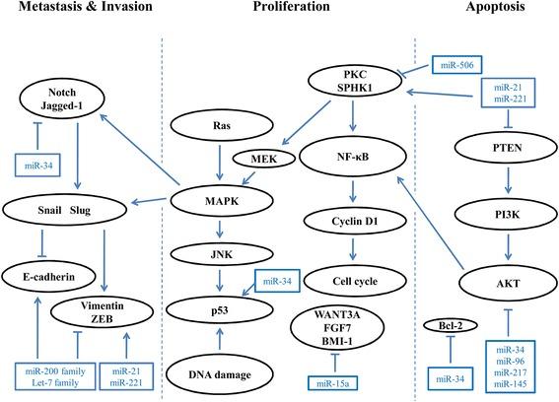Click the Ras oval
click(224, 127)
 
